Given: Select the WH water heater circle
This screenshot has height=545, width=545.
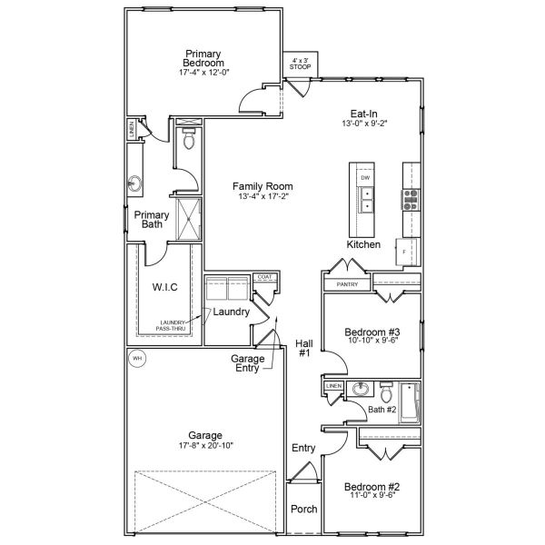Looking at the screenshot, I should point(137,358).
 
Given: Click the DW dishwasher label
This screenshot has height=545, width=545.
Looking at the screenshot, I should point(365,178).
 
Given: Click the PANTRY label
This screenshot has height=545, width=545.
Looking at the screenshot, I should point(347,284).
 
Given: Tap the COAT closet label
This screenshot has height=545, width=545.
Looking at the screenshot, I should point(264,276).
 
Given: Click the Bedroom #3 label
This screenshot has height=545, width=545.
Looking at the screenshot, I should point(370,333).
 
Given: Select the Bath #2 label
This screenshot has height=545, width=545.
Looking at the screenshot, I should point(381,410).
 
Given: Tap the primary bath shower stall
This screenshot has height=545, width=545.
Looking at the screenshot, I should point(189,217).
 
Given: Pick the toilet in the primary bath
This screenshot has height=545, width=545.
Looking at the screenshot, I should point(188,141).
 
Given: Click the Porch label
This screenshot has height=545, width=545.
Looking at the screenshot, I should point(303,509).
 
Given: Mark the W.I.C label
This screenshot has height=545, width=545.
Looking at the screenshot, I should point(164,288).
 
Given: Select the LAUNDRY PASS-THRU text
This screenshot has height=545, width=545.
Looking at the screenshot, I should point(173,326).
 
